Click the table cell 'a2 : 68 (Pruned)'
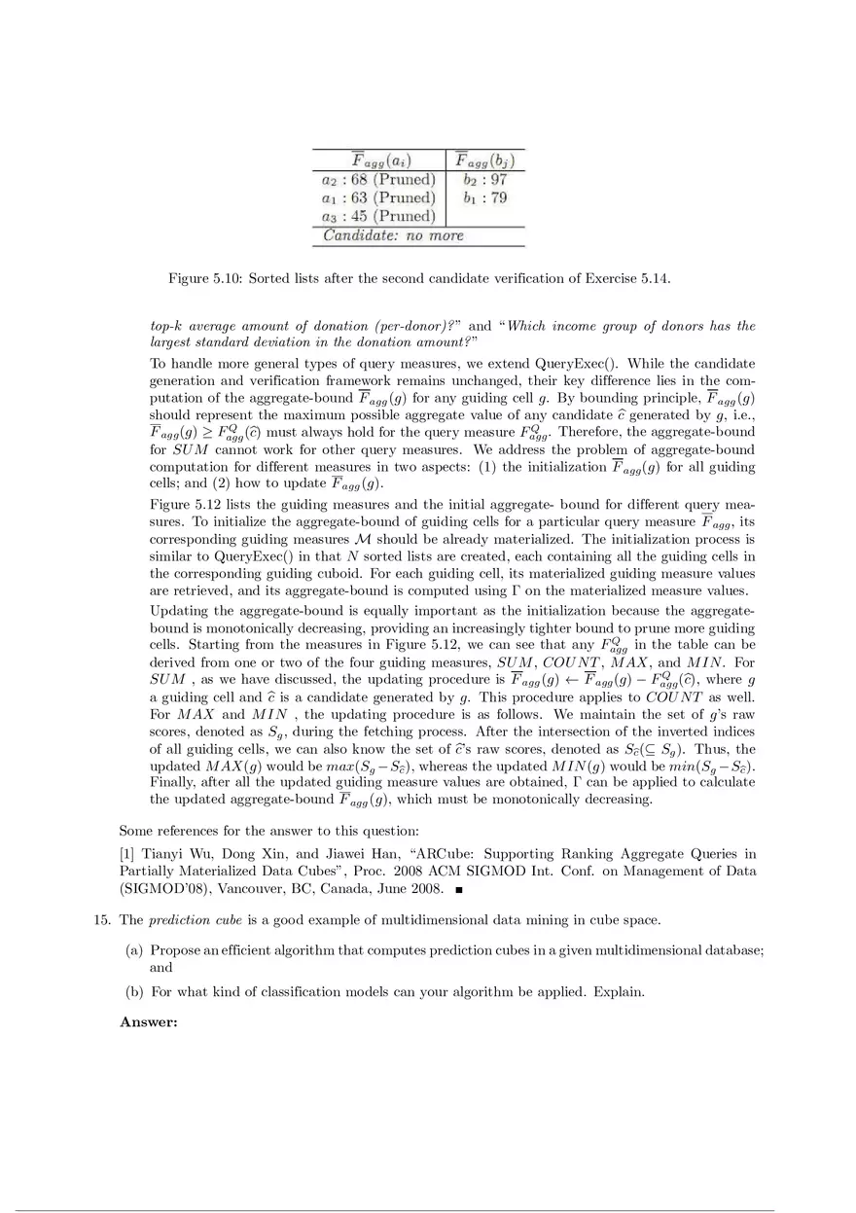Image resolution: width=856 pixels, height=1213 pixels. click(x=377, y=180)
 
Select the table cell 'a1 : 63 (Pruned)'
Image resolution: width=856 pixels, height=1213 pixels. click(x=377, y=198)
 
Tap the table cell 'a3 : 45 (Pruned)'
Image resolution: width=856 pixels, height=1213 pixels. click(x=377, y=217)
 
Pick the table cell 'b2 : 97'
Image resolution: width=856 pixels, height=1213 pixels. click(x=484, y=180)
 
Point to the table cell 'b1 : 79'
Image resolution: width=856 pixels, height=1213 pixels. click(x=484, y=198)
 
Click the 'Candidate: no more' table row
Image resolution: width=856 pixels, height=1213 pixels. click(x=393, y=236)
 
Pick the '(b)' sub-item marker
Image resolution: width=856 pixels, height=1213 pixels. click(x=135, y=992)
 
